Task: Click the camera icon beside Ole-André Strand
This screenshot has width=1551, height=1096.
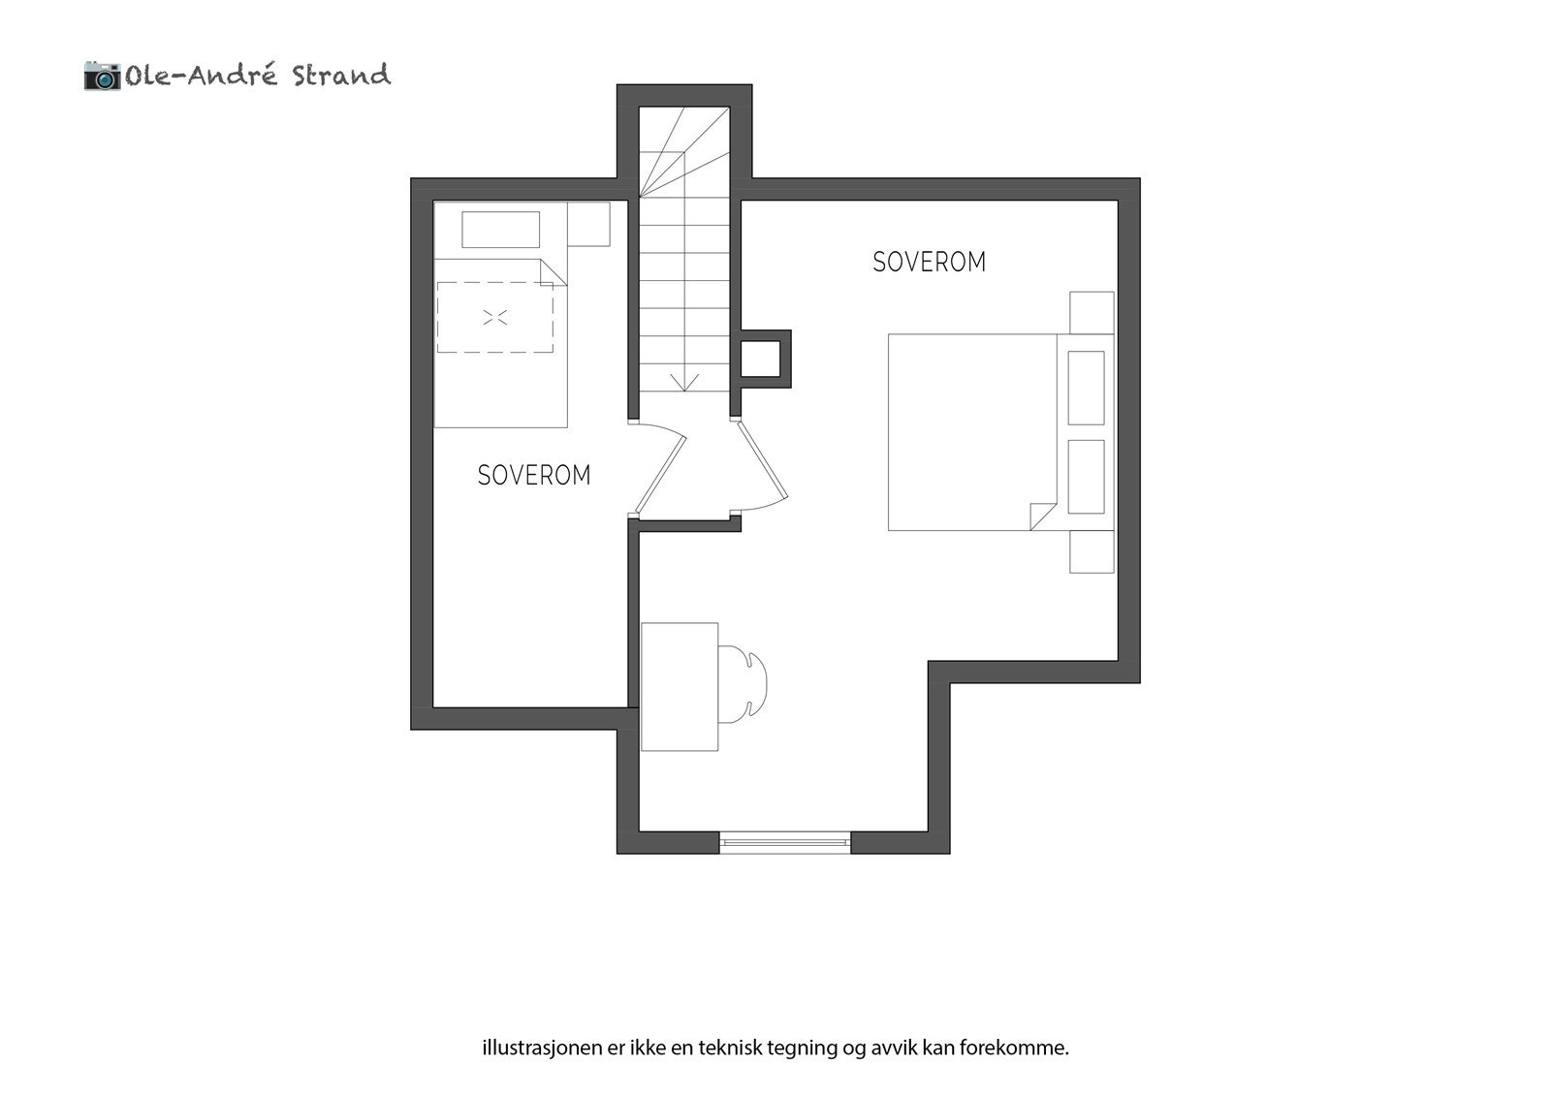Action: tap(102, 76)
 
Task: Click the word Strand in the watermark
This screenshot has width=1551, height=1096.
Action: tap(341, 76)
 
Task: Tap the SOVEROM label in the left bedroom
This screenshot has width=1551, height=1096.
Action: tap(534, 475)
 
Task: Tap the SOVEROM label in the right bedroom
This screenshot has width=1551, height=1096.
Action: tap(929, 262)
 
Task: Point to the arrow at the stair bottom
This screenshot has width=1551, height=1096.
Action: tap(685, 381)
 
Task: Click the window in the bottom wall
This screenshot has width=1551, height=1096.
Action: tap(784, 842)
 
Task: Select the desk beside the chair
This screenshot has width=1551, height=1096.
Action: tap(680, 686)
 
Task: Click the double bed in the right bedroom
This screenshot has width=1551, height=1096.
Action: tap(969, 432)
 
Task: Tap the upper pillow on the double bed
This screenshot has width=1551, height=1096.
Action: tap(1086, 388)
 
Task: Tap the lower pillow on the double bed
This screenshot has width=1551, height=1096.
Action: tap(1086, 477)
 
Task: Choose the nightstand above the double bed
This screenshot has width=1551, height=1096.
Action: tap(1092, 312)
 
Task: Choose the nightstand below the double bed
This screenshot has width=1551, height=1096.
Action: tap(1092, 552)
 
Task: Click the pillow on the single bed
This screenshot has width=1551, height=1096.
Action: tap(500, 230)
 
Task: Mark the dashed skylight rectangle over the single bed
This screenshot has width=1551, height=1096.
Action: tap(495, 317)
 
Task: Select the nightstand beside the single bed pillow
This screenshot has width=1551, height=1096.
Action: tap(589, 224)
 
